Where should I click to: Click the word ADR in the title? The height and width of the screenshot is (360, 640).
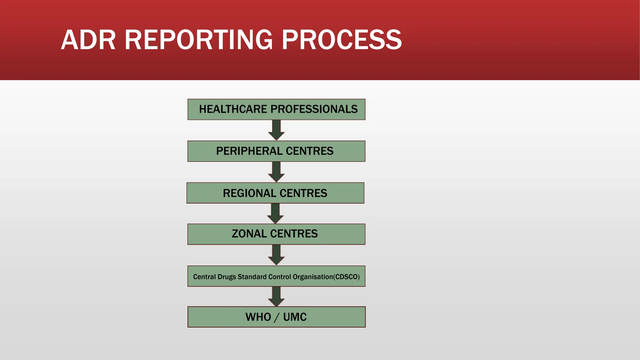coord(88,40)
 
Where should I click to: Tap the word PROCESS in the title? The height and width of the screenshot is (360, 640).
coord(342,40)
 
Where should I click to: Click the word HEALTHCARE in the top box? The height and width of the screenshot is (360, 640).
coord(233,109)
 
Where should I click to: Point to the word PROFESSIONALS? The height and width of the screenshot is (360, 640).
coord(314,109)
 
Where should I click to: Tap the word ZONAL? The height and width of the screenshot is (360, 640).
coord(249,234)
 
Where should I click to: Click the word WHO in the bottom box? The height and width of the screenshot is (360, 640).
coord(258,317)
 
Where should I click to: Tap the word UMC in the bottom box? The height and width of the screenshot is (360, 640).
coord(295,317)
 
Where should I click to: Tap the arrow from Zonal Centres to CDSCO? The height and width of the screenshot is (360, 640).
coord(276,255)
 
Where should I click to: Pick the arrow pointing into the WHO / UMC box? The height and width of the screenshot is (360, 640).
coord(276,297)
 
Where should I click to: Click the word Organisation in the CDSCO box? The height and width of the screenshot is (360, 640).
coord(313,277)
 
